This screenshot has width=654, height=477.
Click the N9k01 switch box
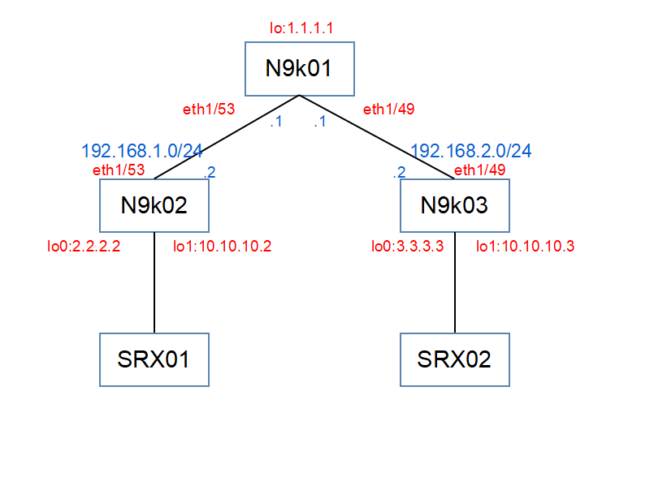click(300, 69)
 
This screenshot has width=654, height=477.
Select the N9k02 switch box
click(154, 205)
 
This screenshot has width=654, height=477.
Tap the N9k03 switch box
click(455, 205)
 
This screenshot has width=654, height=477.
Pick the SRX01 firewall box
click(154, 359)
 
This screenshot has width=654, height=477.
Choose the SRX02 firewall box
click(455, 359)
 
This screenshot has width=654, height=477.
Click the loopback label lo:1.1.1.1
click(301, 28)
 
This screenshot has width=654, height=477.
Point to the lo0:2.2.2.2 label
click(84, 247)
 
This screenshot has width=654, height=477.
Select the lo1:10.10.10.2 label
click(223, 247)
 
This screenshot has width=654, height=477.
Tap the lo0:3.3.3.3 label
click(408, 247)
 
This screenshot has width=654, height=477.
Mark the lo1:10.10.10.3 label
click(525, 247)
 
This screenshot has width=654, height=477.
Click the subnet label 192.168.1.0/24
click(142, 151)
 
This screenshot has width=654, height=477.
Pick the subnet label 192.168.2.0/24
click(471, 151)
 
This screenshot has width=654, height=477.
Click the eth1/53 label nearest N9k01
click(209, 110)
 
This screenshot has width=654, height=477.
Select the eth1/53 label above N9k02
click(119, 170)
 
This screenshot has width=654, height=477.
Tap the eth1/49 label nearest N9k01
click(388, 110)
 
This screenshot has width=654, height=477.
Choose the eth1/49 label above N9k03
click(479, 170)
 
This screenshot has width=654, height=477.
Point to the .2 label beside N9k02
click(210, 172)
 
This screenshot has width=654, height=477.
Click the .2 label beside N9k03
click(399, 172)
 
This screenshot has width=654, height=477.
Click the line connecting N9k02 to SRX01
click(154, 282)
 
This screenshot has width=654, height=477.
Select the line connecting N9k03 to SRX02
click(455, 282)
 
